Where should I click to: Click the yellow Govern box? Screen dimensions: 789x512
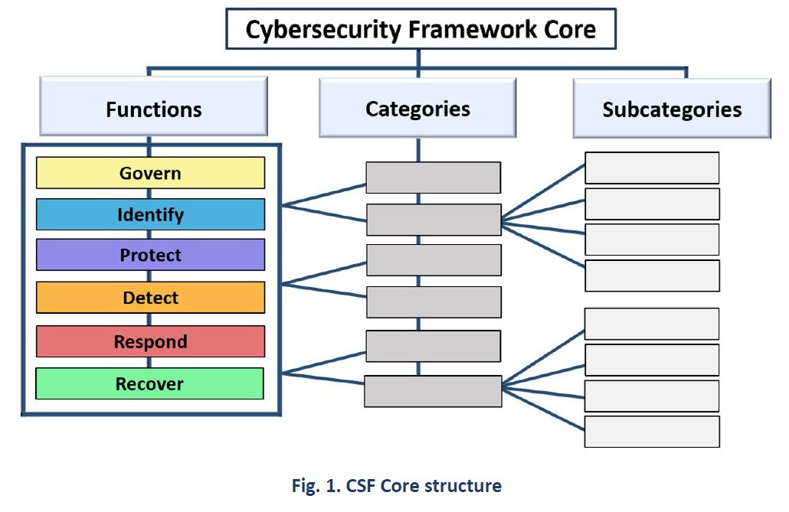[150, 172]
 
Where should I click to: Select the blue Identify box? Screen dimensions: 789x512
[150, 214]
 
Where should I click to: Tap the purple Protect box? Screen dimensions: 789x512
[150, 255]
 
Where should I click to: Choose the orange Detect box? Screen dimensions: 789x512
[150, 297]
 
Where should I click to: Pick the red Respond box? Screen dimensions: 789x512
[150, 341]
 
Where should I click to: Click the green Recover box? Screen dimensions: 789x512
[149, 383]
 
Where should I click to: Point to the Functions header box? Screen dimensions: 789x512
[153, 106]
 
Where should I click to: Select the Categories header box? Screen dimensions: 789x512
[417, 108]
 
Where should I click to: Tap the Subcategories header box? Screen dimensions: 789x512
[672, 108]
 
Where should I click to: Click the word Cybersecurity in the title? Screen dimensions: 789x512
[323, 30]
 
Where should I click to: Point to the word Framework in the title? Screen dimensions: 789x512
[473, 29]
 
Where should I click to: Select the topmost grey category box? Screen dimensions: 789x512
[434, 178]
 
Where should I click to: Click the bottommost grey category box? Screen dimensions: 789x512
[433, 391]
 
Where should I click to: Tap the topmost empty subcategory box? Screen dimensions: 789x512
[652, 168]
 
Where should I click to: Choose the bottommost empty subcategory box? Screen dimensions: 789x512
[652, 432]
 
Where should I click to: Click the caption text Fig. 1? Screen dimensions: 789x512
[316, 486]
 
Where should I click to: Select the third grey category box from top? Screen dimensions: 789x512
[434, 260]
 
